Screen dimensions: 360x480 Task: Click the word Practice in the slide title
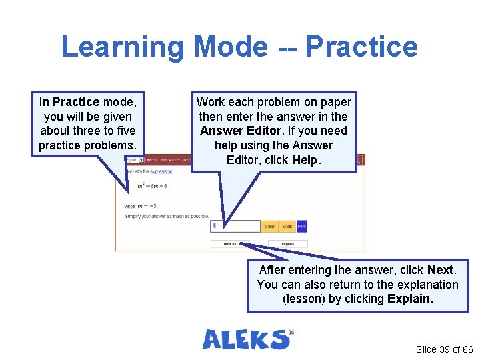coord(361,47)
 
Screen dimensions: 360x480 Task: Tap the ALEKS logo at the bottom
coord(247,339)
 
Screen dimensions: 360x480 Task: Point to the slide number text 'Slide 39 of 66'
coord(444,349)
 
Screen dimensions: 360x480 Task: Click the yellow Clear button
coord(269,227)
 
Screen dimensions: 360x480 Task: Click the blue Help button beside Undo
coord(301,227)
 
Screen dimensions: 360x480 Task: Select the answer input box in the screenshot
coord(234,227)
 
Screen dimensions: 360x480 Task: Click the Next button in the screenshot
coord(230,244)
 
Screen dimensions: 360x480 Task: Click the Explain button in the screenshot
coord(288,244)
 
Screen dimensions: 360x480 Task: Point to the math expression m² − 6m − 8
coord(153,186)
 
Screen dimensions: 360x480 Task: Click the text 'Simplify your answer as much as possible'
coord(167,216)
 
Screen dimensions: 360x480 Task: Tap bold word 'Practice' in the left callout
coord(75,102)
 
